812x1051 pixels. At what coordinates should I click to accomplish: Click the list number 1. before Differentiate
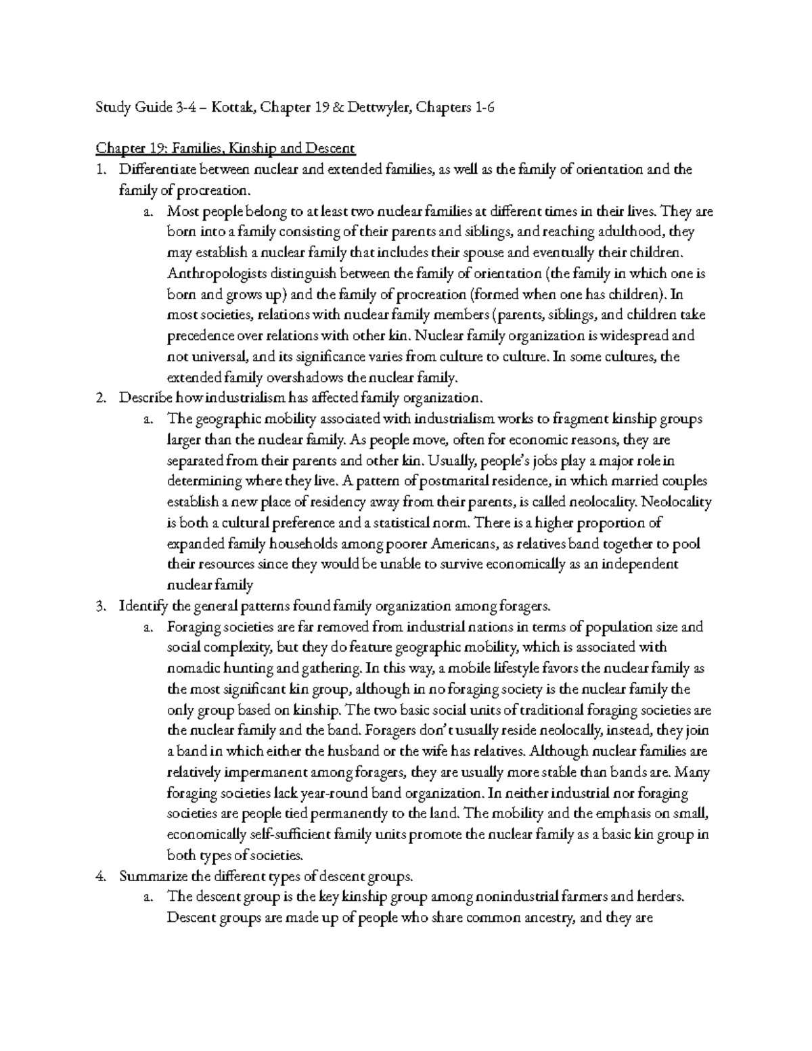click(101, 169)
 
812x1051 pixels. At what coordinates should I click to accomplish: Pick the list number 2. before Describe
click(101, 398)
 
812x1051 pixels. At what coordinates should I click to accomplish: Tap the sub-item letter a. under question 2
click(148, 419)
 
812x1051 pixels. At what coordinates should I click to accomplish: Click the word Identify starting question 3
click(141, 606)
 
